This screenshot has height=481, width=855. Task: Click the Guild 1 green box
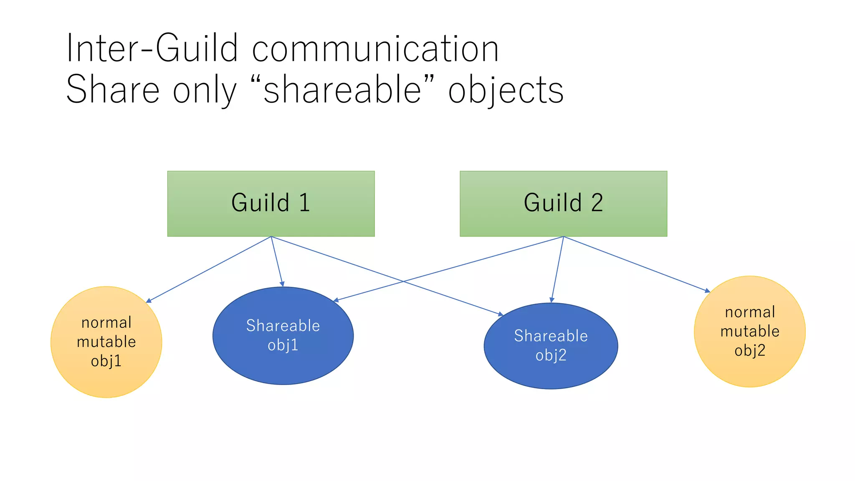[271, 203]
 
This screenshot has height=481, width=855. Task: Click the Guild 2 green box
[563, 203]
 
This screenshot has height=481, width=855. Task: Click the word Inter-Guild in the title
[152, 48]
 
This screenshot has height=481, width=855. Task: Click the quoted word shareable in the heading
[342, 89]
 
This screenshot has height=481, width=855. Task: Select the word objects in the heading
[506, 90]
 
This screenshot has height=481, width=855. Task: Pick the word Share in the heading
[113, 89]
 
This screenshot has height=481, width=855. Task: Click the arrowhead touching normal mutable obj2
[708, 291]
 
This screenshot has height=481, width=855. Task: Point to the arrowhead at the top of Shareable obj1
[283, 284]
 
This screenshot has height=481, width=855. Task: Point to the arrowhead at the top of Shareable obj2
[551, 300]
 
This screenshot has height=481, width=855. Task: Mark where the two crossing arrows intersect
[403, 281]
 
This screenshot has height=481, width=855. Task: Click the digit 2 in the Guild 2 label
[597, 203]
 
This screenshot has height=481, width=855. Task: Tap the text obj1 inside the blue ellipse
[283, 345]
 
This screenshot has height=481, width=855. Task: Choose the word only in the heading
[205, 90]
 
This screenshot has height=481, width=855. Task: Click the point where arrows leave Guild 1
[271, 237]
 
